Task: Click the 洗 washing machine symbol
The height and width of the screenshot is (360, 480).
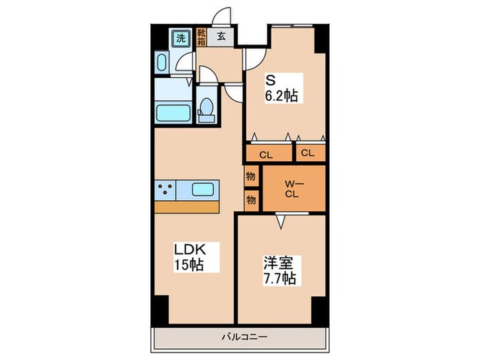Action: point(180,38)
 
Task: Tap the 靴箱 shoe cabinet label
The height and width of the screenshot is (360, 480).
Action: point(201,37)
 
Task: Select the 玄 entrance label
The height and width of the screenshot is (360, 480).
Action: point(221,36)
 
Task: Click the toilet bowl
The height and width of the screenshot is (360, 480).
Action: point(207,109)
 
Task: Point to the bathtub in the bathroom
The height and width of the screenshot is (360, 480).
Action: point(173,113)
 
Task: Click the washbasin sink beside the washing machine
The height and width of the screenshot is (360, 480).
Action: point(162,62)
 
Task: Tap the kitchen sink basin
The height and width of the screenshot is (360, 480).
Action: point(202,190)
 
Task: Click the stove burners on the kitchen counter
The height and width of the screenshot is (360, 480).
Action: point(165,190)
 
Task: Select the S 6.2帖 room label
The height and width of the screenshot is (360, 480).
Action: point(282,88)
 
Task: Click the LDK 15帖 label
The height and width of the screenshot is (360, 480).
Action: point(190,257)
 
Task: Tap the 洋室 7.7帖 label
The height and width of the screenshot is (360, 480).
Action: point(280,271)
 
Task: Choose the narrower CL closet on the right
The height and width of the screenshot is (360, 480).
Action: point(311,153)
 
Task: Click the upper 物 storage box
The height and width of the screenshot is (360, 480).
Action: point(251,176)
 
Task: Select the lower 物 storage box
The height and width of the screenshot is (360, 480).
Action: point(252,200)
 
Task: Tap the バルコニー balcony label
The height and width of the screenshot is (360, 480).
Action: point(244,337)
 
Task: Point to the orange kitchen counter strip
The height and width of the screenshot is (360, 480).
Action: point(187,207)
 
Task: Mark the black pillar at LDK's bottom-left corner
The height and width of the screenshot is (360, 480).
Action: point(161,309)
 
